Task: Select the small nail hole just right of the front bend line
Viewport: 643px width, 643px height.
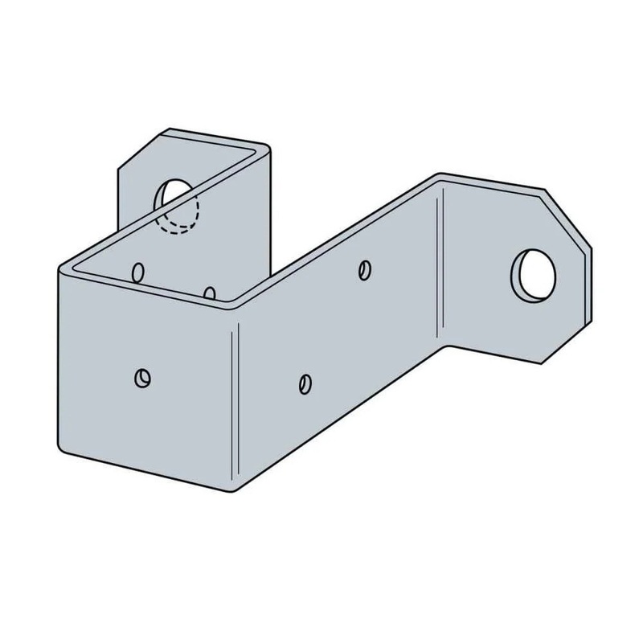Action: click(x=304, y=383)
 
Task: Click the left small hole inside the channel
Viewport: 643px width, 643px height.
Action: click(x=138, y=272)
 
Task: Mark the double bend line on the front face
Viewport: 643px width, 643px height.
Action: click(x=234, y=402)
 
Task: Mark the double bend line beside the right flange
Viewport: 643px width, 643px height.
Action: click(x=440, y=265)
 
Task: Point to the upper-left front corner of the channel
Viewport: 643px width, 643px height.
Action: click(x=61, y=268)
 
